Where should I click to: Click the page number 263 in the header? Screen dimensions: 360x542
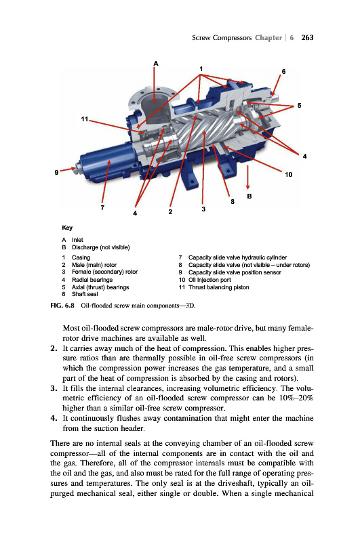(x=307, y=38)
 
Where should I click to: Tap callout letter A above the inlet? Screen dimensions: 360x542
(x=156, y=64)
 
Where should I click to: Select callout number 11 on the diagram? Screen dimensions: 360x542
(x=84, y=119)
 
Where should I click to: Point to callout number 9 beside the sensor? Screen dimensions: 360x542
(x=56, y=172)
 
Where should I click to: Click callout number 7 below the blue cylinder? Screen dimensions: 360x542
(x=102, y=208)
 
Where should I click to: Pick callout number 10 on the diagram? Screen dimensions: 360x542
(x=288, y=175)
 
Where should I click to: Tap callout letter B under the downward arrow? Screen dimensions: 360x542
(x=249, y=196)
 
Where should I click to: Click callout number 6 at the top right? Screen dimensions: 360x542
(x=283, y=72)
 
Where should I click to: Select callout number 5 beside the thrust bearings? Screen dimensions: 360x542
(x=300, y=106)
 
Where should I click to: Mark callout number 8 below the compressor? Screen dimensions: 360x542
(x=233, y=201)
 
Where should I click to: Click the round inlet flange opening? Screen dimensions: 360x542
(x=153, y=95)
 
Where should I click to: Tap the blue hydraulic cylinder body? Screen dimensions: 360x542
(x=106, y=163)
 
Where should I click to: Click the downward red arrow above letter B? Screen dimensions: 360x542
(x=247, y=178)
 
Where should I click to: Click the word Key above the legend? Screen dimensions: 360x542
(x=67, y=228)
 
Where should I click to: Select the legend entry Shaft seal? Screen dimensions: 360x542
(x=85, y=294)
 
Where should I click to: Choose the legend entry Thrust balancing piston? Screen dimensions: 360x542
(x=218, y=287)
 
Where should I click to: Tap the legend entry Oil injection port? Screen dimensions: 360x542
(x=209, y=280)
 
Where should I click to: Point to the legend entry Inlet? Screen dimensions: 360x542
(x=77, y=240)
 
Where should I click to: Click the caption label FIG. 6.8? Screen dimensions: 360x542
(x=62, y=306)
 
